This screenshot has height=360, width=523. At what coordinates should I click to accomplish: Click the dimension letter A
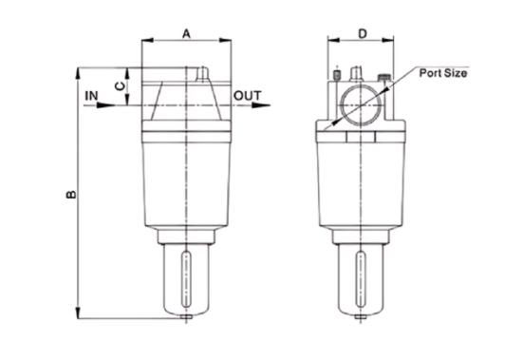[x=187, y=33]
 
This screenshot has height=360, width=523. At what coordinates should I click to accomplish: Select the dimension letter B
[x=69, y=195]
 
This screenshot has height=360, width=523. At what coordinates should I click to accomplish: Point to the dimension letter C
[x=118, y=85]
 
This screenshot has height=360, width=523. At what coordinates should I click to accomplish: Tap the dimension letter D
[x=363, y=33]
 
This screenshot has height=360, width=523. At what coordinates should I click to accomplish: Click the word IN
[x=91, y=95]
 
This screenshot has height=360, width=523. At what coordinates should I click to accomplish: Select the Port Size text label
[x=441, y=70]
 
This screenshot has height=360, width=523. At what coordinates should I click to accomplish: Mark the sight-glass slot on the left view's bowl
[x=187, y=275]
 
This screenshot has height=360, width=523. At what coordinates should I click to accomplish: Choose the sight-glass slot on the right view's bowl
[x=363, y=275]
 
